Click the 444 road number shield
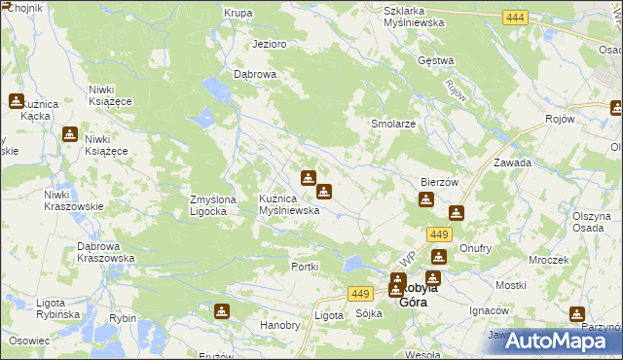[x=516, y=18]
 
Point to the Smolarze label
[x=394, y=125]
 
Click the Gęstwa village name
[x=436, y=60]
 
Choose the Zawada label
[x=512, y=162]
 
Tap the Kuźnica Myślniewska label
[x=289, y=204]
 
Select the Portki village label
[x=306, y=267]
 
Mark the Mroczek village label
[x=549, y=261]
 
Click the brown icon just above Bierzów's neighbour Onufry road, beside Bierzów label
[x=426, y=200]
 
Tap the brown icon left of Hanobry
[x=222, y=311]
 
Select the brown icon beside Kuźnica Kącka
[x=17, y=100]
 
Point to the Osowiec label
[x=29, y=341]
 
